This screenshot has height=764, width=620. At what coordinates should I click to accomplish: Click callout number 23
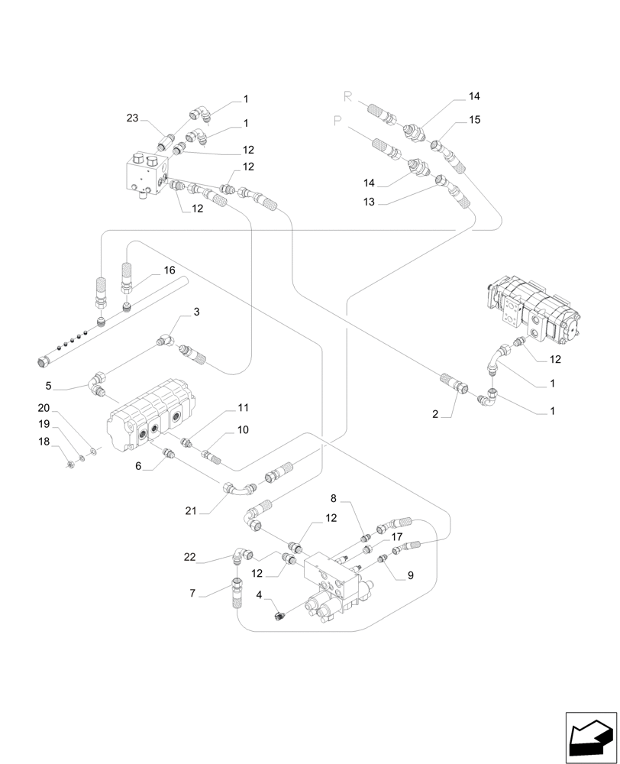133,118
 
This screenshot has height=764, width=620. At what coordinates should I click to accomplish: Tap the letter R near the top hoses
348,96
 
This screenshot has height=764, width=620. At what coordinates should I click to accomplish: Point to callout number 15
475,120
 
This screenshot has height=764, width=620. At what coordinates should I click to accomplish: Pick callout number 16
169,270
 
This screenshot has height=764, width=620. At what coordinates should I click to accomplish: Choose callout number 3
196,312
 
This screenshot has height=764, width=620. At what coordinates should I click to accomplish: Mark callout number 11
243,408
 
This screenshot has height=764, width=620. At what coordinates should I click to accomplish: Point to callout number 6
138,465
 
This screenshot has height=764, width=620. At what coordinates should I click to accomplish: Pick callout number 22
192,558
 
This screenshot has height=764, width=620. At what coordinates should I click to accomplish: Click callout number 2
435,413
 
